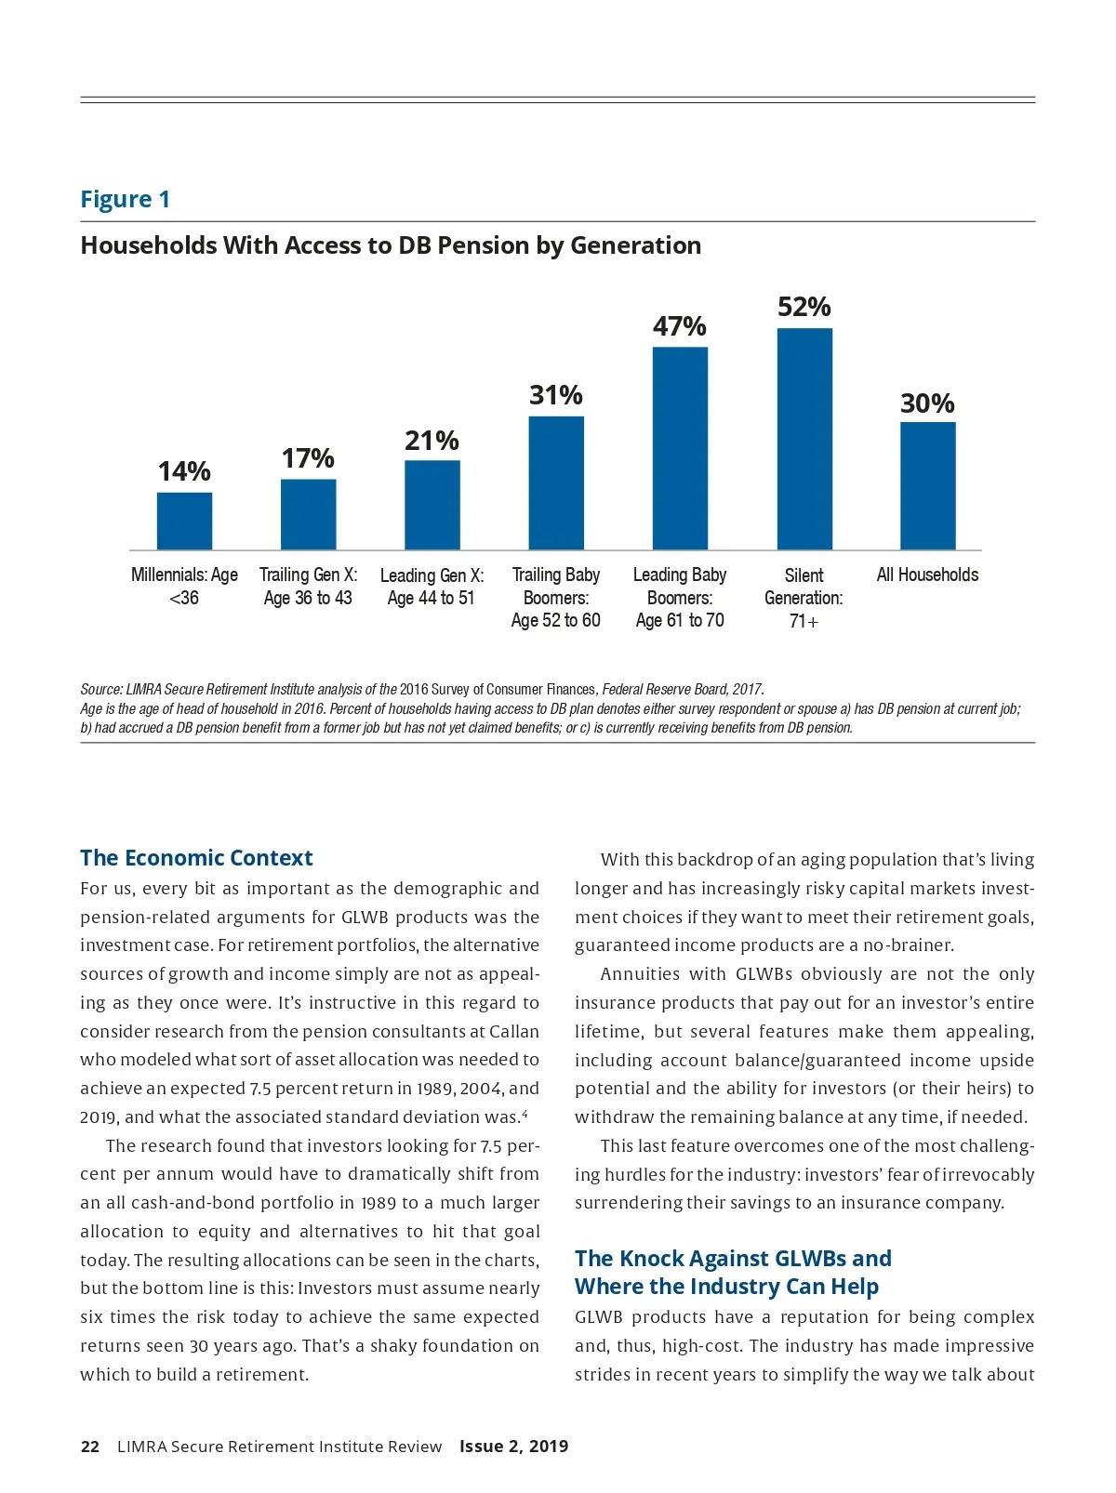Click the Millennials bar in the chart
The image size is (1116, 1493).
click(184, 521)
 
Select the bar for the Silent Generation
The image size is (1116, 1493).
click(804, 439)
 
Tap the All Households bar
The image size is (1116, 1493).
click(927, 485)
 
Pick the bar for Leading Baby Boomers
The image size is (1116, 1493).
click(680, 448)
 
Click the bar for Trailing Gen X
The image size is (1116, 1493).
click(308, 514)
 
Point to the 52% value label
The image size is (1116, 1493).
click(804, 307)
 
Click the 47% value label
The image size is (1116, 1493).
click(680, 326)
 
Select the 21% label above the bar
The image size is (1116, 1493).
click(432, 441)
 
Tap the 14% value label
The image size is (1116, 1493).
click(184, 471)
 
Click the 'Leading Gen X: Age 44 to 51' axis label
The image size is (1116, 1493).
click(432, 587)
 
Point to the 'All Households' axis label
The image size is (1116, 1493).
click(927, 575)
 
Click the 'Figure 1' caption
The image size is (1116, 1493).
click(126, 199)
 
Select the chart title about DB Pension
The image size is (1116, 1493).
click(391, 245)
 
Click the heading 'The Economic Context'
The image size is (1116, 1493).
click(196, 857)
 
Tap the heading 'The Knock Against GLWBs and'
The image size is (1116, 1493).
click(733, 1258)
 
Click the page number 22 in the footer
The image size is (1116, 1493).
click(90, 1446)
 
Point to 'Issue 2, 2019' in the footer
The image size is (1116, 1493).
click(513, 1446)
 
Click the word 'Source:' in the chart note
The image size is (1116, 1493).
click(101, 690)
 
